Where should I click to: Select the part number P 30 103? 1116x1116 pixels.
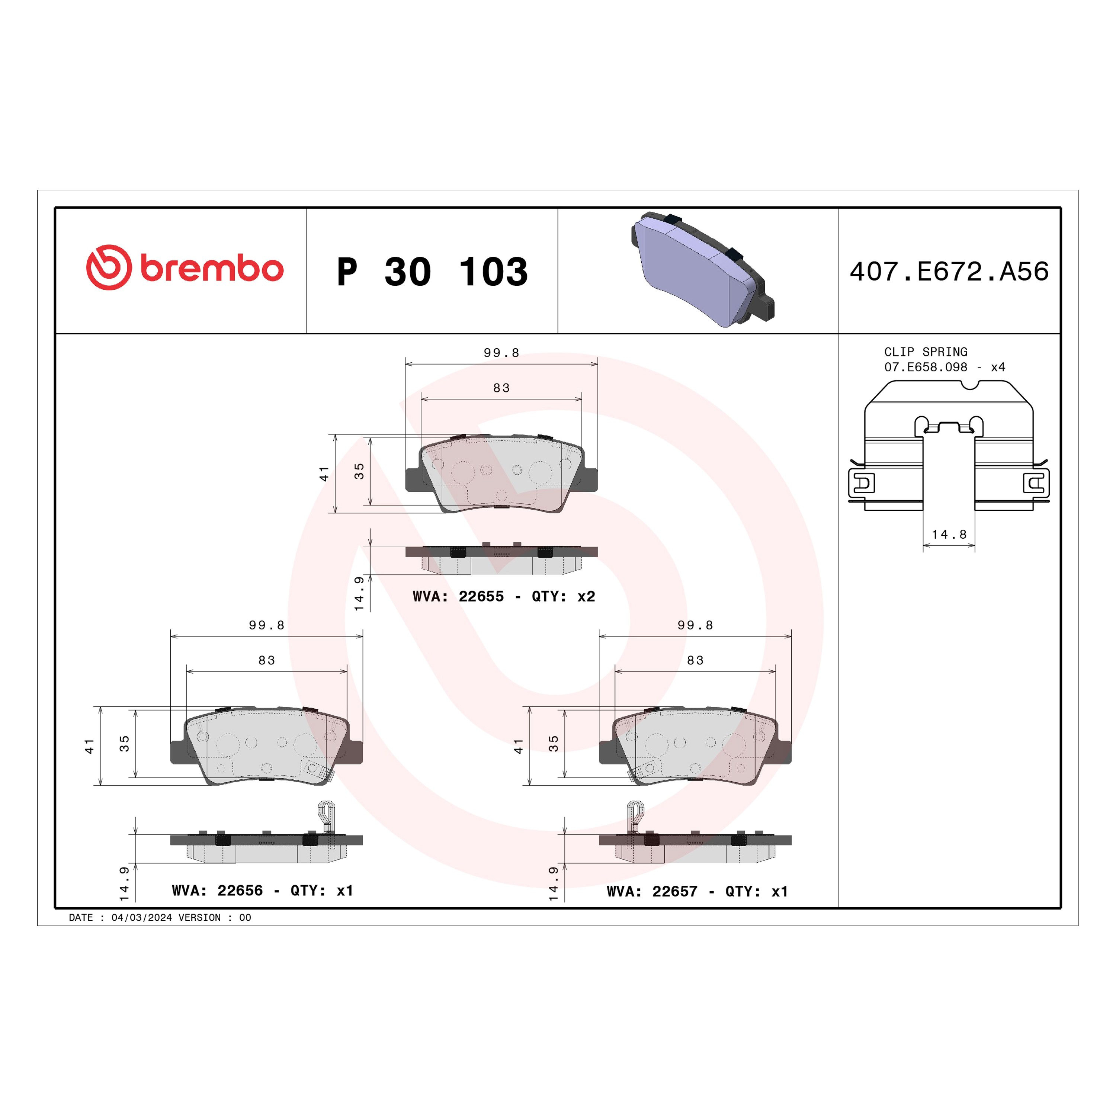pyautogui.click(x=432, y=272)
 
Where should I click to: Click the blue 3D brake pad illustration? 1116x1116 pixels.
pyautogui.click(x=702, y=269)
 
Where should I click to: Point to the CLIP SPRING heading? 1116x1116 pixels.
pyautogui.click(x=926, y=352)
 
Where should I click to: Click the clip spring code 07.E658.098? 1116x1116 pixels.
pyautogui.click(x=926, y=367)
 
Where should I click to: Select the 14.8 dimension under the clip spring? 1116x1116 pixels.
pyautogui.click(x=949, y=534)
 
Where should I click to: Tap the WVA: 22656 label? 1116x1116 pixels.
pyautogui.click(x=217, y=890)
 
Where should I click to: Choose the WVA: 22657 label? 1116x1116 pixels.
pyautogui.click(x=652, y=891)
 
